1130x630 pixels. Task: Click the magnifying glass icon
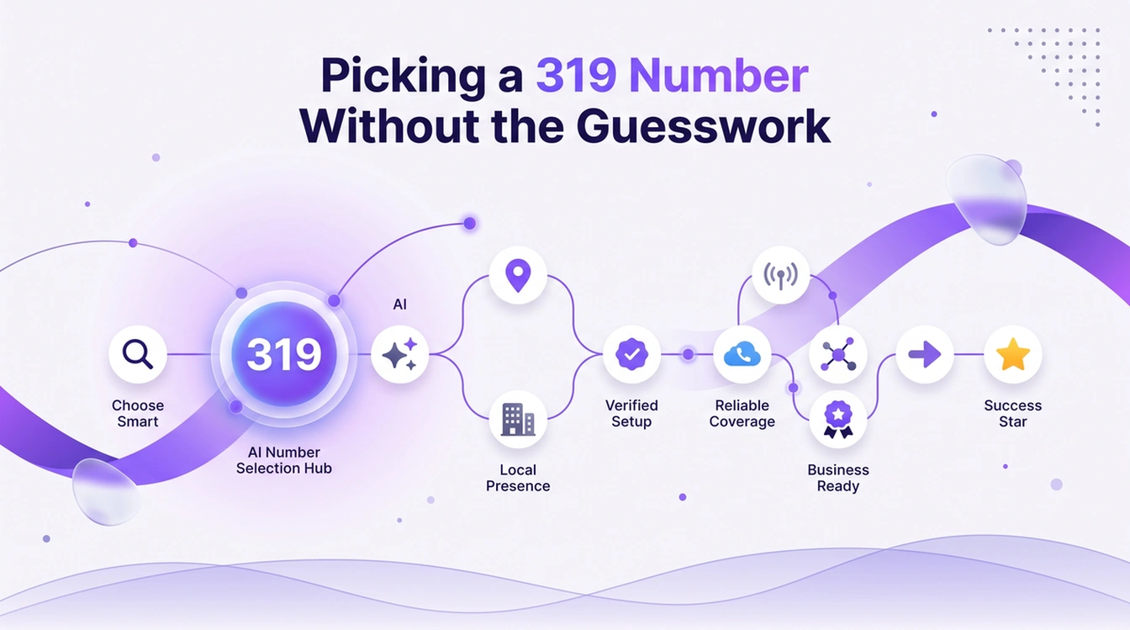(137, 354)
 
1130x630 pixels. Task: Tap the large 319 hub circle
(284, 354)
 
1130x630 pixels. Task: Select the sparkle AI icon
(399, 354)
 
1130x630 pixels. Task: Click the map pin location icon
(518, 276)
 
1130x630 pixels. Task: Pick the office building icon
(518, 419)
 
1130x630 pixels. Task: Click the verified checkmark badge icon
(631, 354)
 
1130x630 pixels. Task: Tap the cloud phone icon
(742, 354)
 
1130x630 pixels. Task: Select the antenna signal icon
(780, 276)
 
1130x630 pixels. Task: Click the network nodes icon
(838, 354)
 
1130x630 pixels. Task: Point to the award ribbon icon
(838, 419)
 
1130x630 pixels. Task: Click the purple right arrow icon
(925, 354)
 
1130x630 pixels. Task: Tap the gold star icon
(1013, 354)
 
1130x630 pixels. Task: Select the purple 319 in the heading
(576, 76)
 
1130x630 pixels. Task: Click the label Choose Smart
(138, 414)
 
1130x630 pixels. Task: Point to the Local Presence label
(518, 478)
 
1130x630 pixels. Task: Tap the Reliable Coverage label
(742, 414)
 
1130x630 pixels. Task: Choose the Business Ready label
(838, 478)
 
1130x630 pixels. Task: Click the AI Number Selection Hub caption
(284, 460)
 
